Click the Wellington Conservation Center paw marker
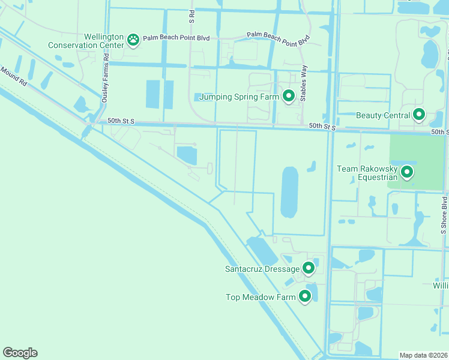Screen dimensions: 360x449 (x=133, y=40)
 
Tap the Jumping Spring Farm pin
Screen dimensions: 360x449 (x=289, y=95)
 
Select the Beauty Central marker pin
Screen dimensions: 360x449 (x=418, y=114)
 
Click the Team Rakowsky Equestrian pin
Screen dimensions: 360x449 (x=407, y=172)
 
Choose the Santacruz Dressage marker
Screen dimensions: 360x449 (x=309, y=268)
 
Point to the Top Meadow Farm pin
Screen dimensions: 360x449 (x=305, y=296)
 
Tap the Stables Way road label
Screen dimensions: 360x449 (x=304, y=82)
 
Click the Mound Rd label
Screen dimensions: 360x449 (x=13, y=76)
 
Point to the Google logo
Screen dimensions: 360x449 (x=20, y=353)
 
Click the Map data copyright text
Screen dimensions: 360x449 (x=424, y=355)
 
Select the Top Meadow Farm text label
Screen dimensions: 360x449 (x=261, y=297)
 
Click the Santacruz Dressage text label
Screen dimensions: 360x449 (x=262, y=269)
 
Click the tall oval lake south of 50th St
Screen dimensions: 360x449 (x=289, y=192)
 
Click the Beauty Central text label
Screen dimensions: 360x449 (x=383, y=115)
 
